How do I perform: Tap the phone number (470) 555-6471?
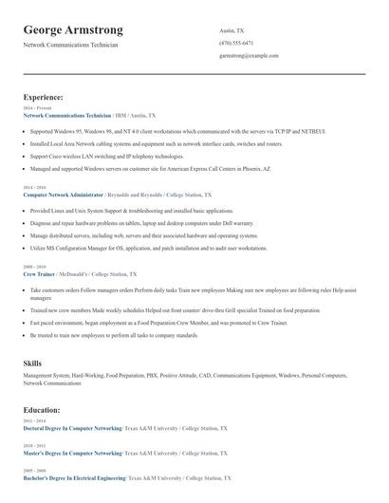tap(235, 44)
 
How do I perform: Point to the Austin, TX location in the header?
tap(232, 30)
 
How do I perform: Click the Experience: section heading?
tap(44, 97)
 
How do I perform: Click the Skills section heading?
tap(32, 363)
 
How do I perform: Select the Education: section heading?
tap(42, 410)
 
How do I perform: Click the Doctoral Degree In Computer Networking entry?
tap(72, 428)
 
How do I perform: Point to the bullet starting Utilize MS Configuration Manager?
tap(148, 248)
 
